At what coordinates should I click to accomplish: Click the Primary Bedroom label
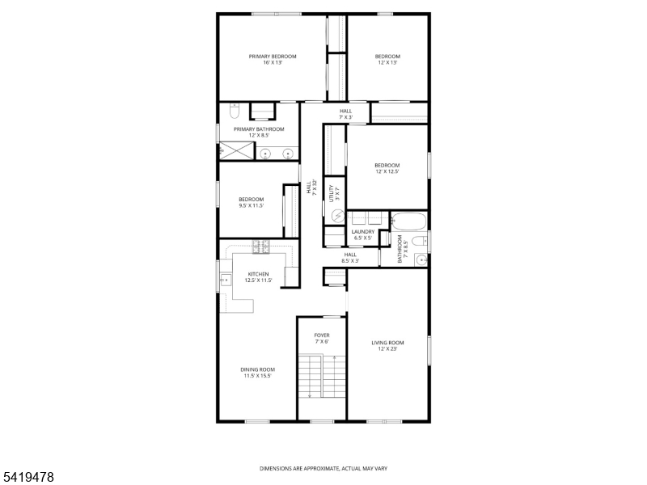[272, 57]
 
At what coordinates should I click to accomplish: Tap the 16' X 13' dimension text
[272, 63]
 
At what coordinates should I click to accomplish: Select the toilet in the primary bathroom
[233, 110]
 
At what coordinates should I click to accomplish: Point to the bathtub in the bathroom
[408, 220]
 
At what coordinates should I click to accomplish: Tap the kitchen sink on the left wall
[224, 280]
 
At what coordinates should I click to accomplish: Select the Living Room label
[387, 343]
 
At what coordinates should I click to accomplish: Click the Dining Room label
[257, 369]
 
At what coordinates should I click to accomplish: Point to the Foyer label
[322, 335]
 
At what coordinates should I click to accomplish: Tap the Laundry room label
[362, 232]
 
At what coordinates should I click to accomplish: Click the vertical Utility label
[331, 194]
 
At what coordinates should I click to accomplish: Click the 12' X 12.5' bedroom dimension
[387, 171]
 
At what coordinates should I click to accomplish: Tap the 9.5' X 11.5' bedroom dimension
[251, 205]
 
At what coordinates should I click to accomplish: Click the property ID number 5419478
[28, 479]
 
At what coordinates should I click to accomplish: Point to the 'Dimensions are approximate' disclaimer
[323, 468]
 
